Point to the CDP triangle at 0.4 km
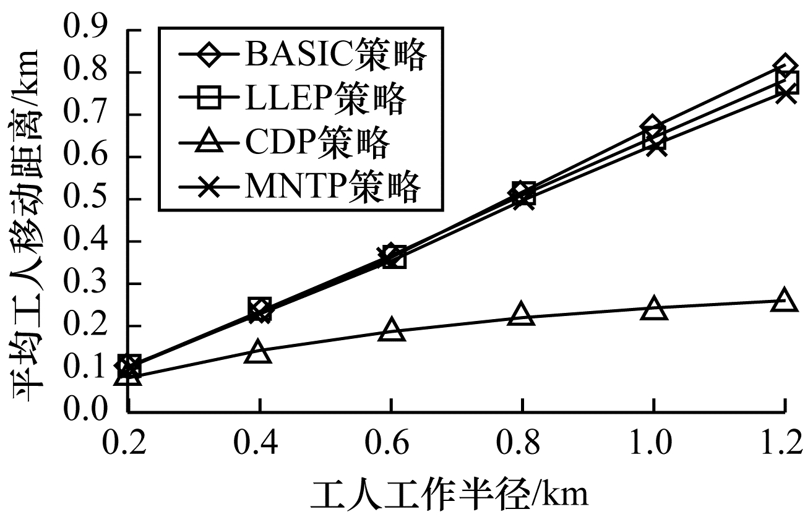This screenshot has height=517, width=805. coord(259,352)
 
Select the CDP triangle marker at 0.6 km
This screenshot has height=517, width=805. coord(391,330)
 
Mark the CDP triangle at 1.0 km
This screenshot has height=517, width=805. coord(654,308)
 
